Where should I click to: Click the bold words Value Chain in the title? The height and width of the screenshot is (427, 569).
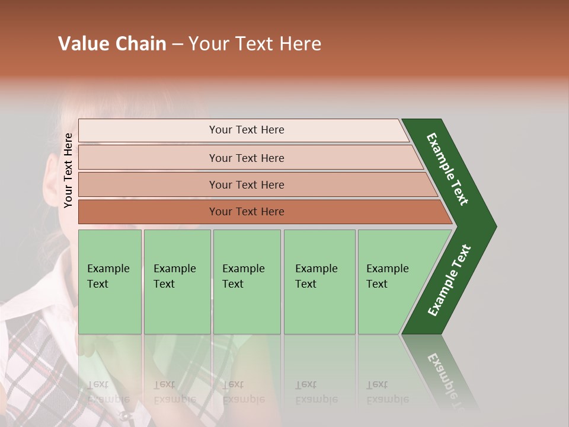point(112,44)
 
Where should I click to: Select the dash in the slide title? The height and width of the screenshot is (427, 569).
point(177,44)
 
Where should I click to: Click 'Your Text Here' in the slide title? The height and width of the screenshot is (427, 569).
point(255,44)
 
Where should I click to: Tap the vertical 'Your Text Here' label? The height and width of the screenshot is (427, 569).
point(68,170)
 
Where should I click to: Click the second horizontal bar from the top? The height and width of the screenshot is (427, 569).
point(246,158)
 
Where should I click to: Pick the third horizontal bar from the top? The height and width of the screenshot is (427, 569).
point(246,184)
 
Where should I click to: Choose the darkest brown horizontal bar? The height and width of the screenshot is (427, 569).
point(246,212)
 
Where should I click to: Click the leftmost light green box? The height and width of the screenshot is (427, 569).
point(110,282)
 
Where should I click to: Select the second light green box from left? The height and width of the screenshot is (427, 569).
point(177,282)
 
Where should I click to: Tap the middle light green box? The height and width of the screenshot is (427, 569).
point(247,282)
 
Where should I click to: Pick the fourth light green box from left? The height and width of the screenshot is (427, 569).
point(319,282)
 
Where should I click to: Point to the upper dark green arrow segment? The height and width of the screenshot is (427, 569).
point(447,169)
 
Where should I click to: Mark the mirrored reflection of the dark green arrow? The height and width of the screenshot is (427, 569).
point(442,368)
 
